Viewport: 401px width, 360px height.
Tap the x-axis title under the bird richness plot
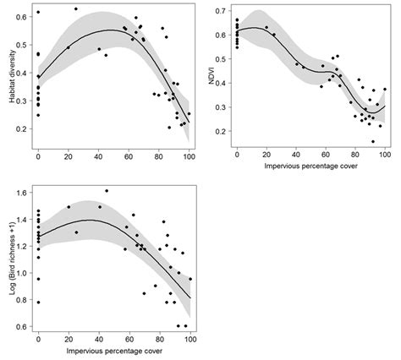point(113,348)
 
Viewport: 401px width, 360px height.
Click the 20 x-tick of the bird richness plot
point(69,337)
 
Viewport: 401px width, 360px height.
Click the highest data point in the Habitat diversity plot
point(76,9)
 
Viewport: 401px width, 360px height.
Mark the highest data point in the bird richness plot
point(106,191)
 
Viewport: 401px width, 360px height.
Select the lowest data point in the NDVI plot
point(372,141)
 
